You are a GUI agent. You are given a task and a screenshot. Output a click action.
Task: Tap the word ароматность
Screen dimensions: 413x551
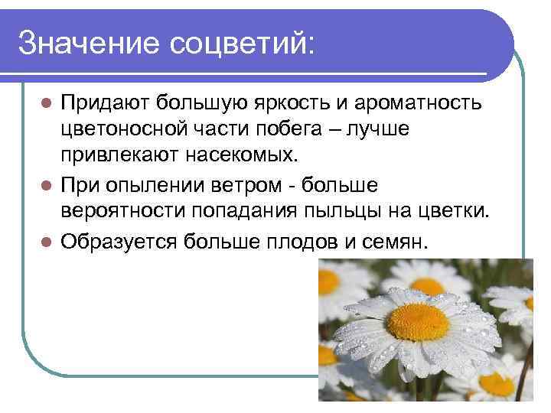pos(425,102)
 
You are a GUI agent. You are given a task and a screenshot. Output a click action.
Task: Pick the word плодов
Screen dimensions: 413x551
pos(295,240)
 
